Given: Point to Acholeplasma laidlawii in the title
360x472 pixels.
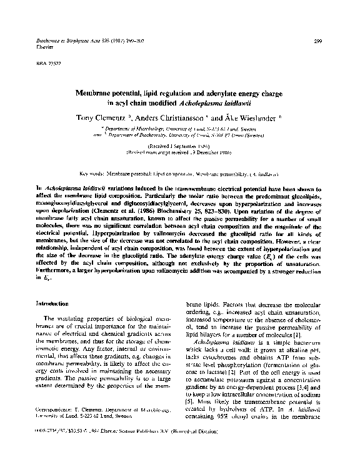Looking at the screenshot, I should pyautogui.click(x=215, y=104).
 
